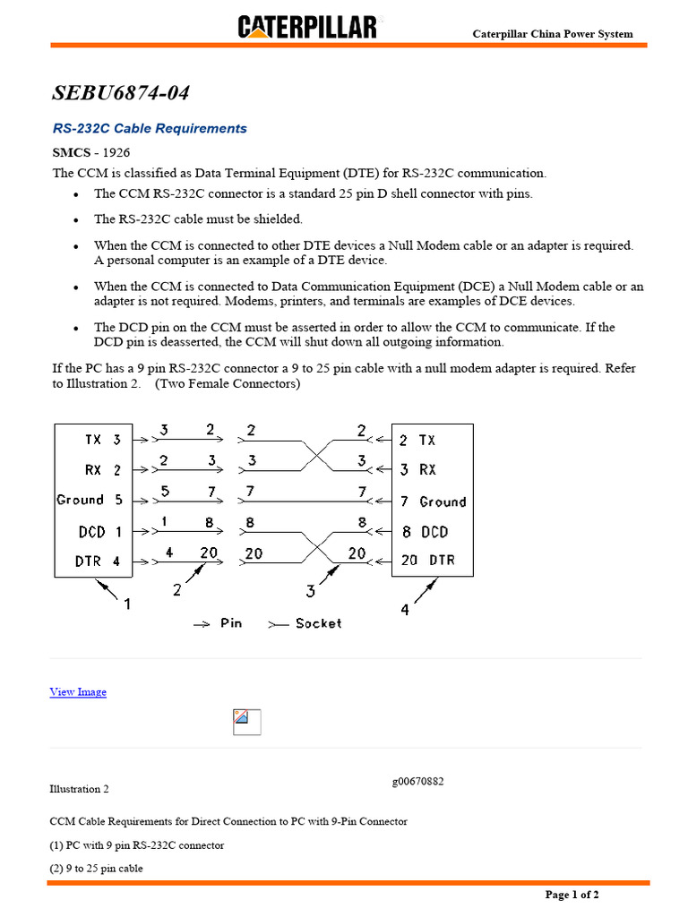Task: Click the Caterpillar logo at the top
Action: (307, 27)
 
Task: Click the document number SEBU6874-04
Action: (121, 93)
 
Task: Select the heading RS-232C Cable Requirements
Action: (150, 129)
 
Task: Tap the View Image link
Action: (78, 692)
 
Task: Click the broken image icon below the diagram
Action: (246, 722)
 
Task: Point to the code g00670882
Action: (417, 782)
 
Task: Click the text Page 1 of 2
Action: (572, 895)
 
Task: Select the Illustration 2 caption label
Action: (79, 789)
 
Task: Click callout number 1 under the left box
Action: (126, 604)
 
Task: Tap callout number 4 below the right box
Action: (405, 609)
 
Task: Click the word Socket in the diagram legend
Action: (318, 623)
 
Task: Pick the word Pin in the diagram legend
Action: (231, 623)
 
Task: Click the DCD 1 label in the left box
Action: (99, 532)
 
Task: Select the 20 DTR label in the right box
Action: (427, 561)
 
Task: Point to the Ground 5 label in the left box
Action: (89, 501)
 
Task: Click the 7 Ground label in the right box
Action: (433, 502)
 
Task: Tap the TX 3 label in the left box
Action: (102, 440)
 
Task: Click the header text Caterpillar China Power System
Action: (553, 34)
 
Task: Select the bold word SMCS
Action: (70, 153)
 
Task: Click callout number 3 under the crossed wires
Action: (310, 590)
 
